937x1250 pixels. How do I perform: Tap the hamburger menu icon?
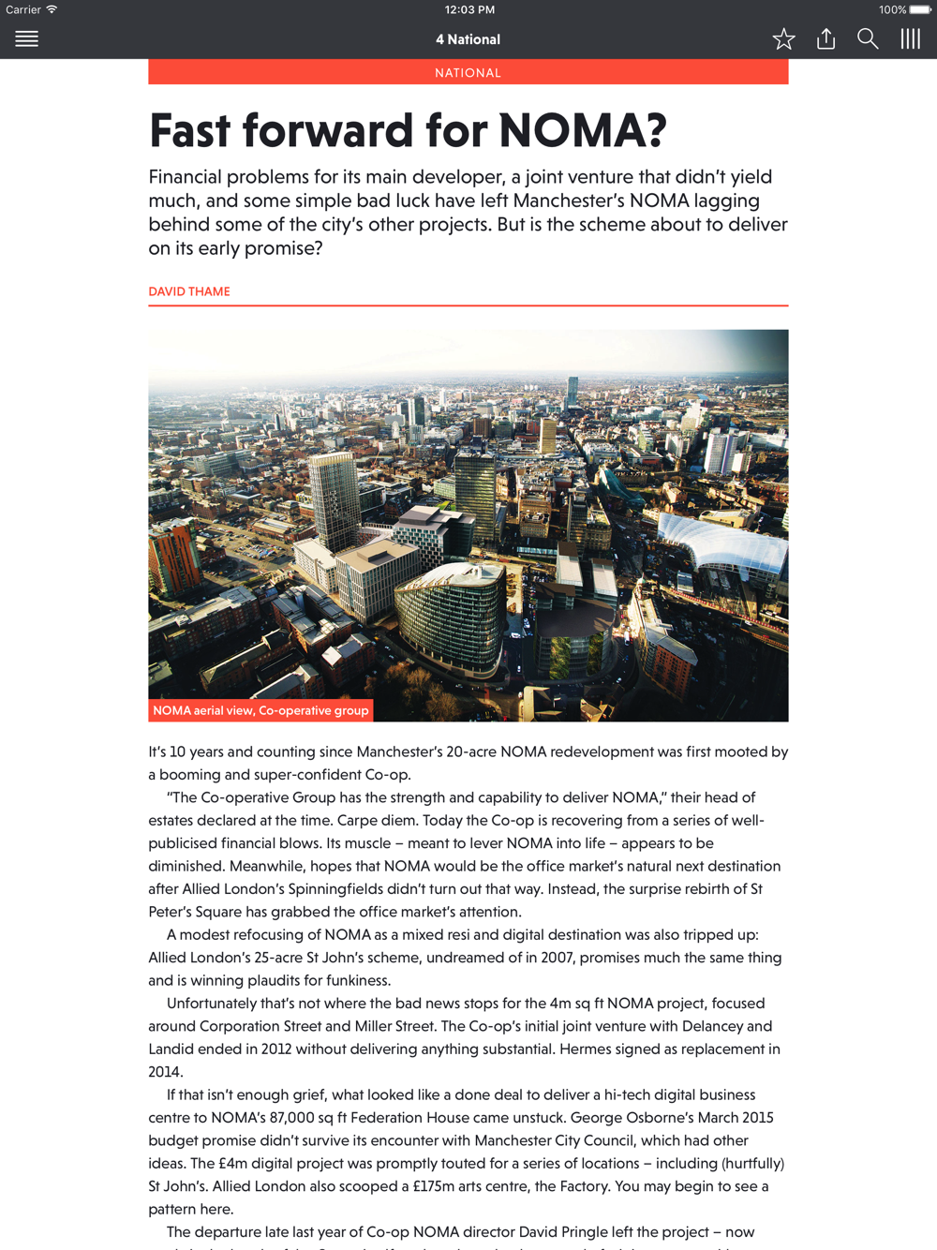26,38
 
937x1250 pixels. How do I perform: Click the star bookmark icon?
783,38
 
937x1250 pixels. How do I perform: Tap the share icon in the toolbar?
825,38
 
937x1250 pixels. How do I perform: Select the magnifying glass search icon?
868,38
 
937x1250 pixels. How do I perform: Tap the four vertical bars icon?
910,38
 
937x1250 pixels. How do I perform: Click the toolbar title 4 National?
468,39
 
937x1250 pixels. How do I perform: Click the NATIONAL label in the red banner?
468,72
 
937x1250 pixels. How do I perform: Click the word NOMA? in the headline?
582,130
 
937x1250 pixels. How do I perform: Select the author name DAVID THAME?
189,291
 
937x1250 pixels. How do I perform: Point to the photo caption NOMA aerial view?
260,710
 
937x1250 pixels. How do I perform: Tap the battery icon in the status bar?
920,9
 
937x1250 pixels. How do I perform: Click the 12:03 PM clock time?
469,9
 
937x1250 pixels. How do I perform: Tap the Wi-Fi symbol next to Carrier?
52,9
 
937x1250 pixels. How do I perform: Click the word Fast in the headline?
189,130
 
